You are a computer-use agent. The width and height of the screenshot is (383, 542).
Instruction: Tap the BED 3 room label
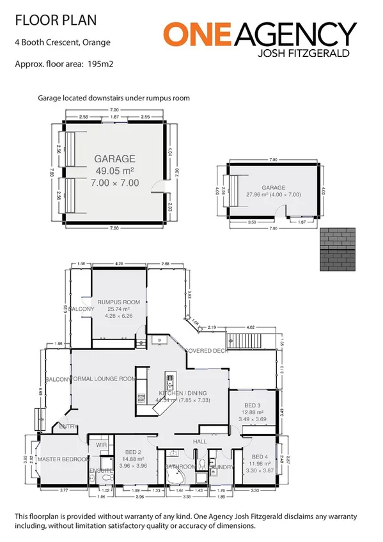tap(252, 406)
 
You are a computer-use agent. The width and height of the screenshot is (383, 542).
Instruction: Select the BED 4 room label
tap(260, 438)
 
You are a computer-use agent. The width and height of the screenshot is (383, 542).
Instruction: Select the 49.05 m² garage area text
tap(115, 170)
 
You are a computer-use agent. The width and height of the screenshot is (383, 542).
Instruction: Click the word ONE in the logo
tap(192, 33)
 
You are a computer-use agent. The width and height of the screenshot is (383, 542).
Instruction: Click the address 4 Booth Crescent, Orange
tap(62, 43)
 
